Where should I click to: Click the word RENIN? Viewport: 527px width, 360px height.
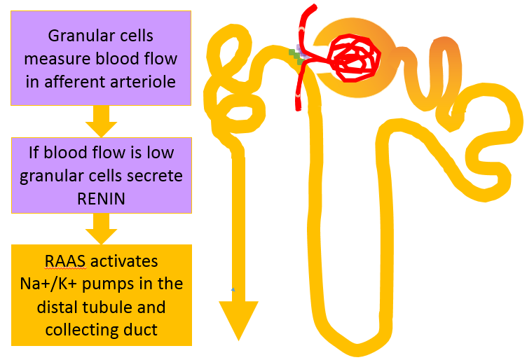click(x=102, y=198)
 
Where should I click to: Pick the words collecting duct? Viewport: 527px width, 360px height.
click(x=102, y=329)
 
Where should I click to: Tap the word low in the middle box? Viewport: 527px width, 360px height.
click(x=160, y=152)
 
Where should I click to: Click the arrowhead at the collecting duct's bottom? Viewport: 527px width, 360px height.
click(x=238, y=319)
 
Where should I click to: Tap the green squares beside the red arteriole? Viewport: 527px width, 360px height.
click(x=296, y=56)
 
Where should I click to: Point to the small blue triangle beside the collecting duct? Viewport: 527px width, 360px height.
click(x=232, y=289)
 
